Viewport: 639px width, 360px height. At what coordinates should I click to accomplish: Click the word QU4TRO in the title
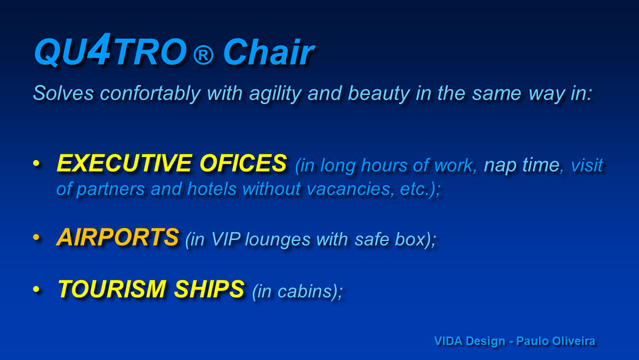111,51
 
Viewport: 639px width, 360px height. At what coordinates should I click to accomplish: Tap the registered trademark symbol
203,55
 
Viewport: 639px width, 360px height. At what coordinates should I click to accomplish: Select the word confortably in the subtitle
150,93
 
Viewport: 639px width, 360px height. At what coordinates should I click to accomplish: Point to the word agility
275,94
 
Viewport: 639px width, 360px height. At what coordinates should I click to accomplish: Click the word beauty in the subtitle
379,94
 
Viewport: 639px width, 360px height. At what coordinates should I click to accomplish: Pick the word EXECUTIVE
125,163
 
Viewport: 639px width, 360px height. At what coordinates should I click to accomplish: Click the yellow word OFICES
243,163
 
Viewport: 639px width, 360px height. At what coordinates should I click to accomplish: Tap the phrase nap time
522,165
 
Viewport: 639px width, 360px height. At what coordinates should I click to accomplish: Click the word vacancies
348,189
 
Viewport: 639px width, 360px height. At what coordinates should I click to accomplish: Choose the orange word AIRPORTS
118,237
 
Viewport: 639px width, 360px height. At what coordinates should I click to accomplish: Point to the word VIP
226,239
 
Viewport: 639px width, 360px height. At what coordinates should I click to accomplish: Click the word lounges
277,240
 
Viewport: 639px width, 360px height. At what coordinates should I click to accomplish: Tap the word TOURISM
112,289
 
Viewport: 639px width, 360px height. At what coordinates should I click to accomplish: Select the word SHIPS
209,289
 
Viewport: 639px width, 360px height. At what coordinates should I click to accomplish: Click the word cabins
305,291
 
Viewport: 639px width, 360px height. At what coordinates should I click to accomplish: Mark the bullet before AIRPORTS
36,237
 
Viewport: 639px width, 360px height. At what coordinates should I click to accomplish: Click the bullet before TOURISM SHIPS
36,289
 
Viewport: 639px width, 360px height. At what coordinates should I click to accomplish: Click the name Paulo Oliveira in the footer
556,341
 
